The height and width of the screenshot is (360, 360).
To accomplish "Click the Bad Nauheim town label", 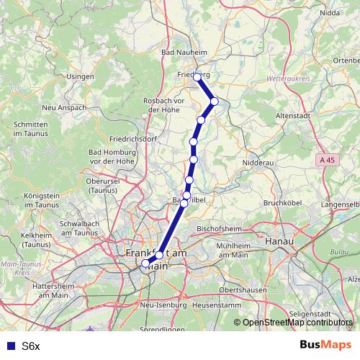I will [184, 53].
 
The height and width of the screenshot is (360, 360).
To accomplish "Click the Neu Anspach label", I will [64, 108].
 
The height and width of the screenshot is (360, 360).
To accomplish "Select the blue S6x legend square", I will [9, 346].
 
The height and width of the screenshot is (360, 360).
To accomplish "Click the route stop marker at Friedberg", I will [197, 76].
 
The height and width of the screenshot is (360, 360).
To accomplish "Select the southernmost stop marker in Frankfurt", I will [145, 264].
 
